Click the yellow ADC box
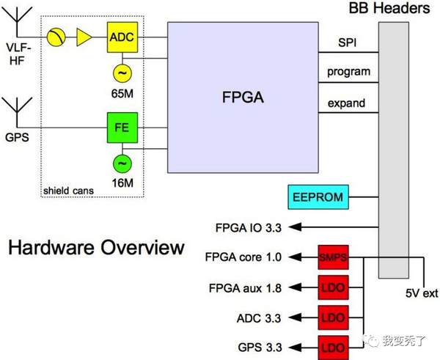point(122,37)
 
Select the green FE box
point(122,128)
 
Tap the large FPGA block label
point(243,97)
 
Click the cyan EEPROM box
point(318,197)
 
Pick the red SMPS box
point(334,257)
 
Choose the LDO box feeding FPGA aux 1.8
point(334,287)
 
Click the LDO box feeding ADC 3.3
point(334,317)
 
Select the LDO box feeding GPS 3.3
point(334,348)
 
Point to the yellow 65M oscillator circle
point(122,73)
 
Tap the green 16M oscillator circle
point(122,164)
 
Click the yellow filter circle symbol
point(56,37)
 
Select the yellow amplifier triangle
point(84,37)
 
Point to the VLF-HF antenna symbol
point(18,22)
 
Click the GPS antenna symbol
point(18,112)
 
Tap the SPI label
point(348,43)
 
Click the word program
point(349,72)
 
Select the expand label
point(347,103)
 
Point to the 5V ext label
point(422,293)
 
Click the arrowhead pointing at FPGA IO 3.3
point(295,227)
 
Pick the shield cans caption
point(68,191)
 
